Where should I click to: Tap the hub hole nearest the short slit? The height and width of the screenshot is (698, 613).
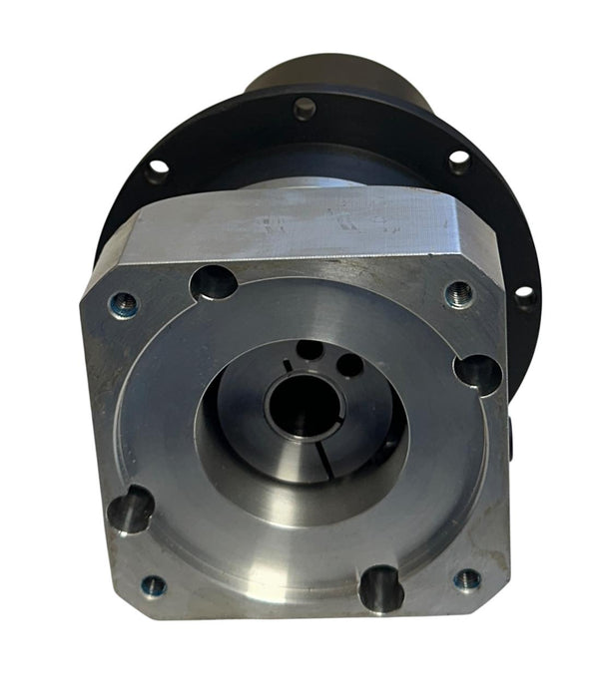(310, 350)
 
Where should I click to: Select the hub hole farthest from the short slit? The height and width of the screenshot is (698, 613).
(349, 366)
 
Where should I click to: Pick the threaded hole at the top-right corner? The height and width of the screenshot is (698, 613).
(458, 294)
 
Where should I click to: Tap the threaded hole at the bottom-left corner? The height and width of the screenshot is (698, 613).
(154, 585)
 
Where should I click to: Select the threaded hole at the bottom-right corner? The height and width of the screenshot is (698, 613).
(466, 580)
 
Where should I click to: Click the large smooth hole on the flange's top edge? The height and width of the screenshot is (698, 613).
(213, 283)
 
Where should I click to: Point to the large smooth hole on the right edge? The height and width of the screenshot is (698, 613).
(477, 372)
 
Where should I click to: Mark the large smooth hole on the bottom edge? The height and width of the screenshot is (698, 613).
(380, 588)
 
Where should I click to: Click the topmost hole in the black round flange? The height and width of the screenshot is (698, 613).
(305, 108)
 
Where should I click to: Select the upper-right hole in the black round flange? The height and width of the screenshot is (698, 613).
(458, 160)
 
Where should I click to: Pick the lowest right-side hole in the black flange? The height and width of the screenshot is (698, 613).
(523, 296)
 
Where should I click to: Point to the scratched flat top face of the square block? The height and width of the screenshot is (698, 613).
(300, 227)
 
